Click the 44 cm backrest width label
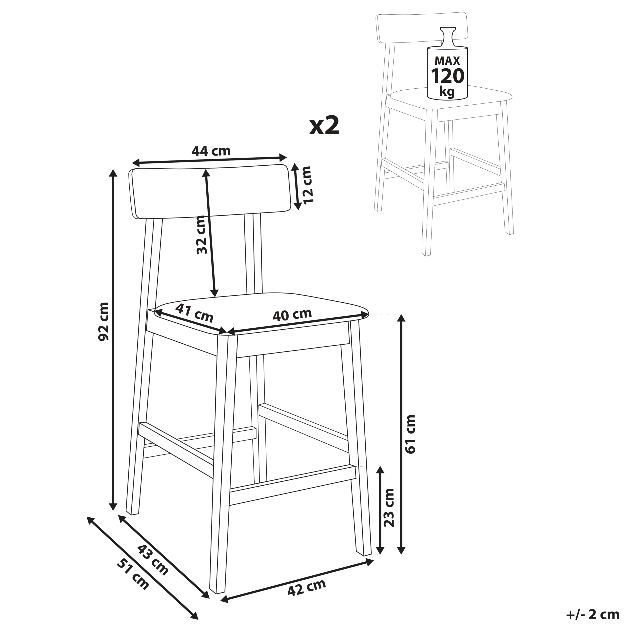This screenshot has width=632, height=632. [x=211, y=151]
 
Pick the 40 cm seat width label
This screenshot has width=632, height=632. [x=292, y=315]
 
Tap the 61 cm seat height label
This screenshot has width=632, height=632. [x=410, y=434]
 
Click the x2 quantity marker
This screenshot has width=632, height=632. [x=324, y=126]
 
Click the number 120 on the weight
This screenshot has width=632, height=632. [x=448, y=76]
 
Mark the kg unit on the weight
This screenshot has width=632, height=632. [x=447, y=92]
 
